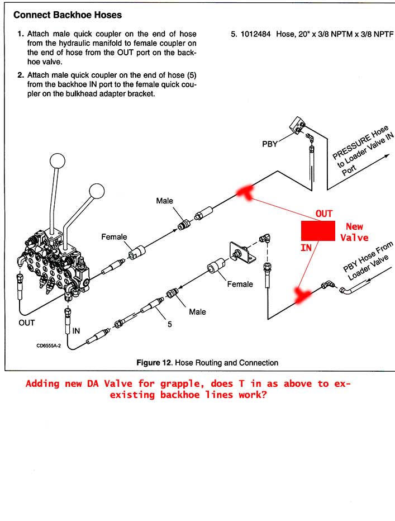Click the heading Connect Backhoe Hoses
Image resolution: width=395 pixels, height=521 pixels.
click(68, 15)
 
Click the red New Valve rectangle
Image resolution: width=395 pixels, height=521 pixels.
click(318, 230)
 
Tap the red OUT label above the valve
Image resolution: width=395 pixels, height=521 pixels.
click(324, 214)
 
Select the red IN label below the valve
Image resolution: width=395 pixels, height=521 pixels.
click(306, 247)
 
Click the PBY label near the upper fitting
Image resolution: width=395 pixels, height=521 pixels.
click(270, 144)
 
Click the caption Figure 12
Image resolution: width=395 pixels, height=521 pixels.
click(154, 363)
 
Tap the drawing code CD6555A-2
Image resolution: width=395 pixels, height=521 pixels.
click(49, 345)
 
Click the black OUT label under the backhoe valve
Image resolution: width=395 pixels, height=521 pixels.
click(27, 323)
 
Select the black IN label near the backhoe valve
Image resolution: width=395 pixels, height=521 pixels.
click(77, 330)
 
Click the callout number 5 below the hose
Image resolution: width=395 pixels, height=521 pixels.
click(169, 322)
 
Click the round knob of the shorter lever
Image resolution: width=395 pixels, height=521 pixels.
click(97, 192)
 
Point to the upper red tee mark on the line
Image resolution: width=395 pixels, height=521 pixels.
click(244, 192)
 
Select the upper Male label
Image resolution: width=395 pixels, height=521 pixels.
click(165, 201)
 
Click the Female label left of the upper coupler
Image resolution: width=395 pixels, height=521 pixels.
click(114, 237)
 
